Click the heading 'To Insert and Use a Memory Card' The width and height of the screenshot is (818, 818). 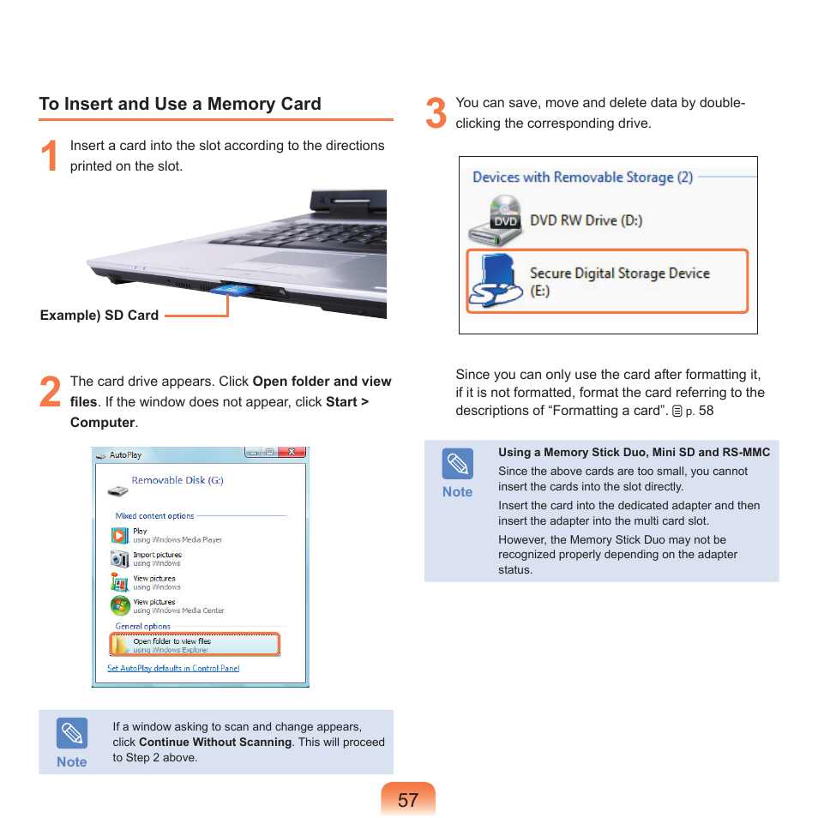(x=180, y=104)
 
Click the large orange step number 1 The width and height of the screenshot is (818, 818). (x=51, y=157)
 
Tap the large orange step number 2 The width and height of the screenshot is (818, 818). (x=51, y=393)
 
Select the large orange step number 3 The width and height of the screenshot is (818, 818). (x=436, y=114)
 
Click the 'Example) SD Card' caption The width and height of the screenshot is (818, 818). (x=99, y=315)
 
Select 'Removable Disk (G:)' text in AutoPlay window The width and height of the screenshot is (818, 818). (x=177, y=480)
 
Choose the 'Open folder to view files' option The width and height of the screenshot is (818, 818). (x=171, y=641)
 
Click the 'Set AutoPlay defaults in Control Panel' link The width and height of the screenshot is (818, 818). (x=173, y=668)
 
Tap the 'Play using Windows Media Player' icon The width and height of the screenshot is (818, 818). (x=120, y=535)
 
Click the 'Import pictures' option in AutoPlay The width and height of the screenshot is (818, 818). (x=157, y=555)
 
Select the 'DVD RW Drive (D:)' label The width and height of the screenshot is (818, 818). (x=586, y=220)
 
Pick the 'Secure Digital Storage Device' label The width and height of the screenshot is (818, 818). (x=619, y=274)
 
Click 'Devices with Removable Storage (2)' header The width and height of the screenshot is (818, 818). (x=582, y=177)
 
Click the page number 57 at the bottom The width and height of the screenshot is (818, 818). (x=408, y=800)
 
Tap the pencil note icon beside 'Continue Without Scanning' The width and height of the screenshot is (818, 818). (x=72, y=734)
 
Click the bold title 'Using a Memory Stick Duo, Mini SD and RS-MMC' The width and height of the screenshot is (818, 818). (x=634, y=452)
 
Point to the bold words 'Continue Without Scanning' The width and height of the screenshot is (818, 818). (x=215, y=742)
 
